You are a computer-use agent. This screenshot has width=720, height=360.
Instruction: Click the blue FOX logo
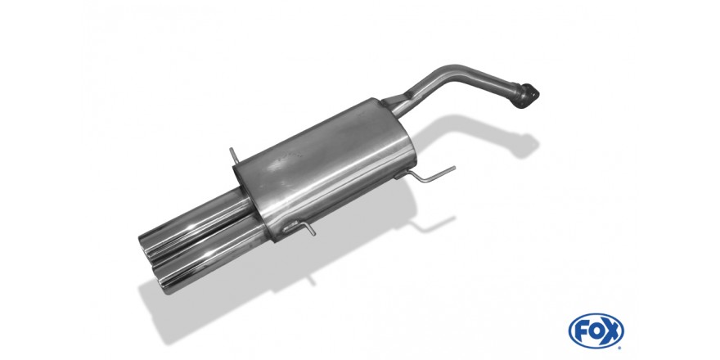click(596, 331)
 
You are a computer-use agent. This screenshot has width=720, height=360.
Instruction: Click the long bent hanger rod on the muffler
click(430, 175)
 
